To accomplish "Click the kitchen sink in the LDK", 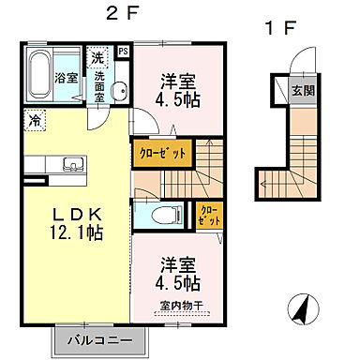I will click(71, 166).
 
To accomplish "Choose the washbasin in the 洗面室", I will click(119, 91).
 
